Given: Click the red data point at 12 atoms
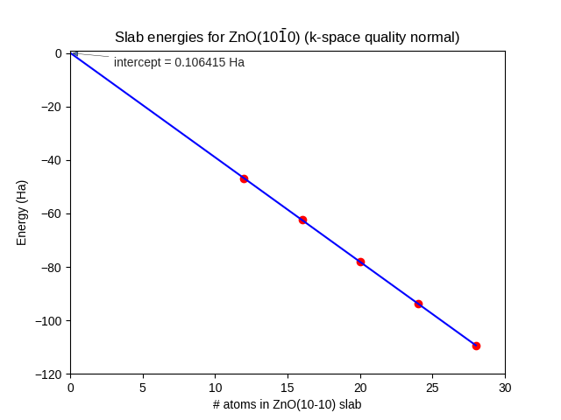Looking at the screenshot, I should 244,178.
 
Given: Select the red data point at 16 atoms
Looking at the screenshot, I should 302,220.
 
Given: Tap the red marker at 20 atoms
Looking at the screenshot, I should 360,262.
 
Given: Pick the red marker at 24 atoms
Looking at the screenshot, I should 418,304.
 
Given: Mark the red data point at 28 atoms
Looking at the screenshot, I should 476,346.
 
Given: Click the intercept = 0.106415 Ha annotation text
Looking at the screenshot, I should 179,62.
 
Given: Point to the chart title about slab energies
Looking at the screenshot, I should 288,37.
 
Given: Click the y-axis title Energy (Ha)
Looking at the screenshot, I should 22,213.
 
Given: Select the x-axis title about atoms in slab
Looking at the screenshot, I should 287,405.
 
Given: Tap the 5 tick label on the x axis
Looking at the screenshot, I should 143,387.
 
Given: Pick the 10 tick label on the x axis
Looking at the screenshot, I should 216,387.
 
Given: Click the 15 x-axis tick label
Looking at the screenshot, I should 288,387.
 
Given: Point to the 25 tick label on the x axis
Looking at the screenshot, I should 432,387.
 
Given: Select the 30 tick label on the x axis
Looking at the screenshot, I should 505,387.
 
